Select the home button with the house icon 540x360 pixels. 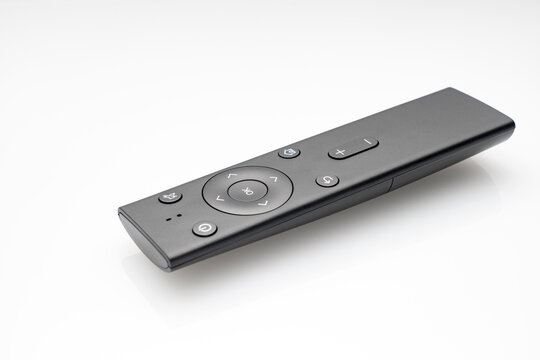point(289,152)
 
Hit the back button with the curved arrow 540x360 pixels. point(327,181)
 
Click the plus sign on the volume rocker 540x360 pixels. point(341,152)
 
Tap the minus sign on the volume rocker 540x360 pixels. point(367,142)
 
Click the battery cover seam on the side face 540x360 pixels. point(391,185)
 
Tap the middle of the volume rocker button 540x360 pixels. point(353,147)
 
